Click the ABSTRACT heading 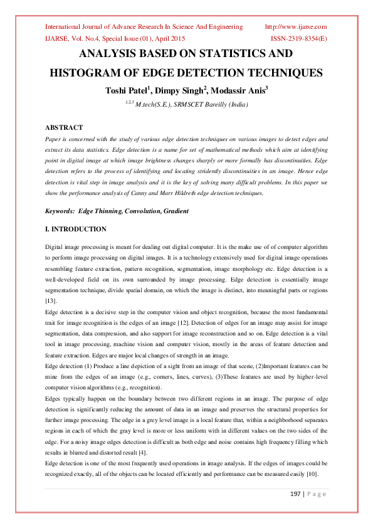pyautogui.click(x=65, y=127)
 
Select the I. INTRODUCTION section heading pyautogui.click(x=76, y=230)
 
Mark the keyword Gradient pyautogui.click(x=174, y=211)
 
